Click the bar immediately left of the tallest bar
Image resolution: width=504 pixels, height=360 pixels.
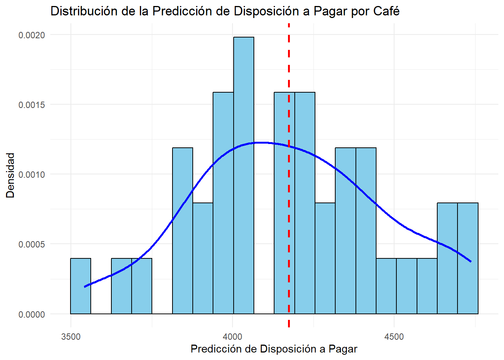(223, 202)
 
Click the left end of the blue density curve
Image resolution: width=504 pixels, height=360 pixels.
(85, 286)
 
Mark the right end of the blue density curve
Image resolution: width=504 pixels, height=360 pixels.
(470, 261)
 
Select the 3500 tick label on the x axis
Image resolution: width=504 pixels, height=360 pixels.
(71, 336)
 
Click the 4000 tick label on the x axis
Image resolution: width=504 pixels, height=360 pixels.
(232, 336)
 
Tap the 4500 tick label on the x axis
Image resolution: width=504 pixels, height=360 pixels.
(394, 336)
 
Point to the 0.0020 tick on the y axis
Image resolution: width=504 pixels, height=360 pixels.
(31, 35)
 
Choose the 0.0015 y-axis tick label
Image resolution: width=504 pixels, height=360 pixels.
(31, 105)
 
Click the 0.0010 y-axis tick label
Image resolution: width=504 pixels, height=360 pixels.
(31, 175)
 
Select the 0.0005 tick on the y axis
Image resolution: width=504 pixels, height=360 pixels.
(31, 244)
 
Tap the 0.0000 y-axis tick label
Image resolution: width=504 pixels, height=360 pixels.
(31, 314)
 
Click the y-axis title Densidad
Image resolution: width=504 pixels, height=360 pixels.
(10, 175)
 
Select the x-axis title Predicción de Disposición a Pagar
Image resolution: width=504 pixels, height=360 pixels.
(274, 349)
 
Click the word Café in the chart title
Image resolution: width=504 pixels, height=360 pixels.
(386, 11)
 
